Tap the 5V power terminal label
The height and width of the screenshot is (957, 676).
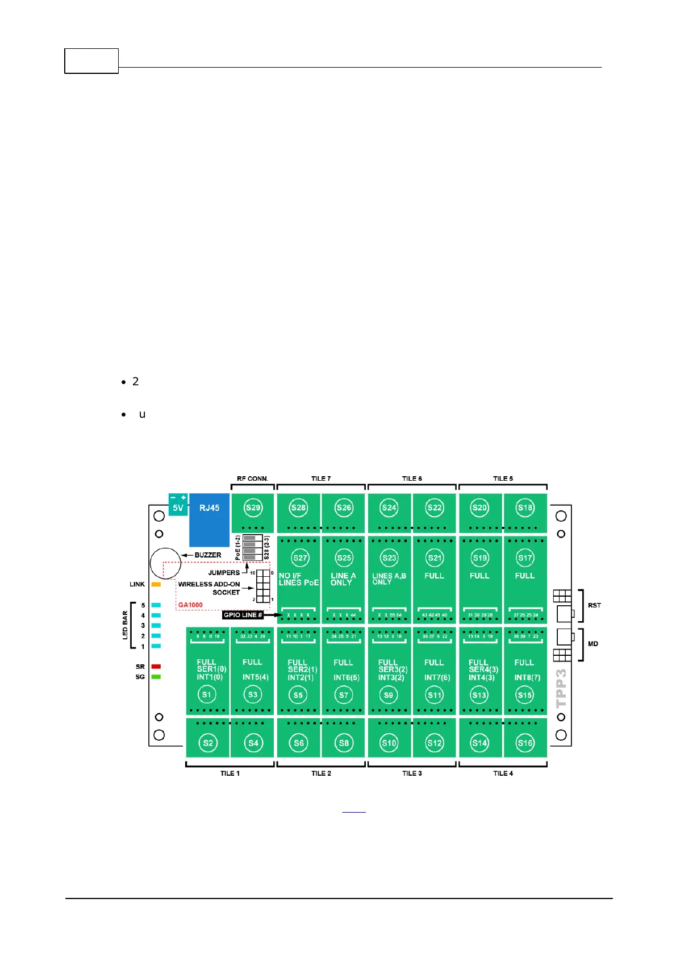tap(178, 507)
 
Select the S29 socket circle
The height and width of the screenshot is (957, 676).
tap(253, 507)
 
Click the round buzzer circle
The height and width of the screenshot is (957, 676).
tap(165, 563)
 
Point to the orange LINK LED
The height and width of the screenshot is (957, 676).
tap(156, 584)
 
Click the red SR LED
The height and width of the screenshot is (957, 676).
tap(156, 667)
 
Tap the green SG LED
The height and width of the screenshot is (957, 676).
tap(156, 677)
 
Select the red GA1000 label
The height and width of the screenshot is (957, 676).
tap(190, 605)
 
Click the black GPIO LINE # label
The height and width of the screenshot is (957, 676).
tap(243, 615)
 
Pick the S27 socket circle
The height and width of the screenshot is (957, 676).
tap(300, 557)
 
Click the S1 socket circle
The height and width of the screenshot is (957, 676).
tap(206, 694)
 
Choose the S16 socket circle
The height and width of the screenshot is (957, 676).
tap(525, 743)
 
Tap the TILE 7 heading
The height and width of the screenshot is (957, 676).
tap(321, 478)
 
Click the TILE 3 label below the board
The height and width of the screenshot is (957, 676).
tap(412, 773)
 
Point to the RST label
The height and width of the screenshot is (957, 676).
tap(594, 605)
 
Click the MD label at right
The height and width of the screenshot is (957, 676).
tap(593, 644)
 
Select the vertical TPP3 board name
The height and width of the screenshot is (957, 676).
tap(561, 688)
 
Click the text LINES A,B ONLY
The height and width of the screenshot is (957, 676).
tap(389, 579)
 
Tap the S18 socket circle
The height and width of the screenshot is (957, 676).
tap(525, 507)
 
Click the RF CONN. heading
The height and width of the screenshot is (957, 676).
tap(252, 478)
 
